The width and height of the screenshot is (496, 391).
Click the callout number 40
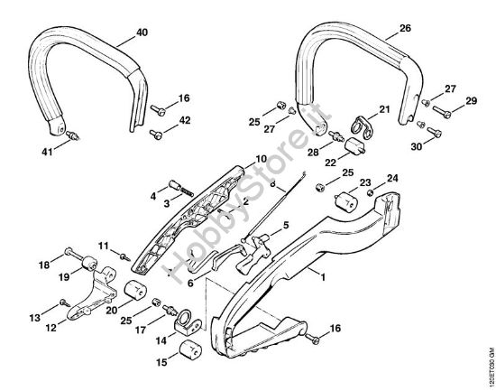[142, 33]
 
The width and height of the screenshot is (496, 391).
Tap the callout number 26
[405, 28]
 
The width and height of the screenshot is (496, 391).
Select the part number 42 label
[185, 120]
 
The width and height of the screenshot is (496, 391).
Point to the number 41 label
[47, 152]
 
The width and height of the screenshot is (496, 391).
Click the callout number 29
[471, 101]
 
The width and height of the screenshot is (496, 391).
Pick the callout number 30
[417, 146]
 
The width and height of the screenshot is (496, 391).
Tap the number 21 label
[384, 109]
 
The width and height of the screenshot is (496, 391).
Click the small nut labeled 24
[370, 192]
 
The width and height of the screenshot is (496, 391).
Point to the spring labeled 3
[187, 191]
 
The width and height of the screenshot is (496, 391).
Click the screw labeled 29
[442, 112]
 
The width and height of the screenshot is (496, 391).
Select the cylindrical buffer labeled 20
[134, 290]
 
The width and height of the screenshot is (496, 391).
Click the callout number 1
[323, 277]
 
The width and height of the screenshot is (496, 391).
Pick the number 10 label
[262, 159]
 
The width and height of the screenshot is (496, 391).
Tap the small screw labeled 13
[65, 303]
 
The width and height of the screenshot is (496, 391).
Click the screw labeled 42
[156, 134]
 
